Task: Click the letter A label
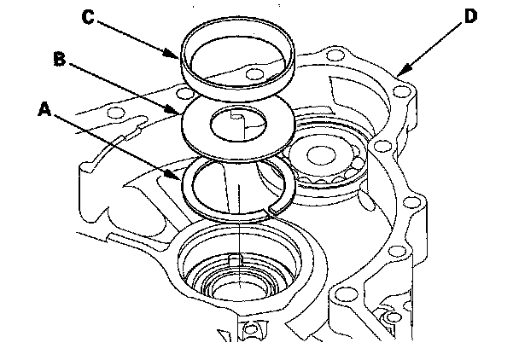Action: [x=44, y=109]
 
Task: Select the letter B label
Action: [x=60, y=59]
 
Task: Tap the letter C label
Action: [x=88, y=17]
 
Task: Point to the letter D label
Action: [x=470, y=16]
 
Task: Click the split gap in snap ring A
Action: [x=271, y=210]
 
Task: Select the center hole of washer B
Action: [x=238, y=124]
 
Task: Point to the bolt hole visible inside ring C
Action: [x=255, y=74]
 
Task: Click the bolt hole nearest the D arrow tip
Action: [x=400, y=91]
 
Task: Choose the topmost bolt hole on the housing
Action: [x=335, y=55]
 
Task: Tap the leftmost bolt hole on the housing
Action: [x=115, y=113]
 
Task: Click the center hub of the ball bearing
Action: [x=321, y=154]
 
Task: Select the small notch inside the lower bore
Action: [x=235, y=260]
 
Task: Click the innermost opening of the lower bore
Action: [x=239, y=288]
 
